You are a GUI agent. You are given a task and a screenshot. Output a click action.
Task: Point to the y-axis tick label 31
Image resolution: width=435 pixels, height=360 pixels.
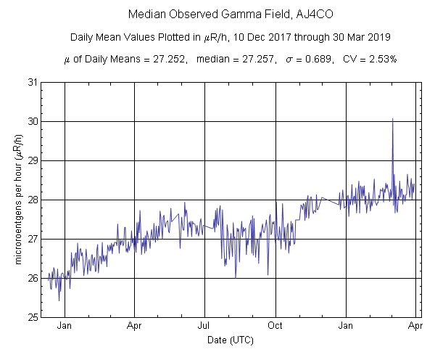click(x=33, y=82)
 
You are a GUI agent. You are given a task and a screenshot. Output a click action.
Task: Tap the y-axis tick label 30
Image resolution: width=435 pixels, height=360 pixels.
click(x=33, y=121)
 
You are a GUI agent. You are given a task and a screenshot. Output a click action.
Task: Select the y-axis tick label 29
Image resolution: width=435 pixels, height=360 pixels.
click(x=33, y=160)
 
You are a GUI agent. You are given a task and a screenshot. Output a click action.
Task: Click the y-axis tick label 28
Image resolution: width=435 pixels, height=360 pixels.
click(x=33, y=200)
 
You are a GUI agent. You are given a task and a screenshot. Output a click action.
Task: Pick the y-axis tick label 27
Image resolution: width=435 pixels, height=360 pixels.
click(x=33, y=239)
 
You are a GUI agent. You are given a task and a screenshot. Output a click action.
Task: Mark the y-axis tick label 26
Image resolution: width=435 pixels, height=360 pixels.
click(x=33, y=278)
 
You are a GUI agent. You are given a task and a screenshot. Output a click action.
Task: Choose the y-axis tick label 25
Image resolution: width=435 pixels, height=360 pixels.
click(x=33, y=317)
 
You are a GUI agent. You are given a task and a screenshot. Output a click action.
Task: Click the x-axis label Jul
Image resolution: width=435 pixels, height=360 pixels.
click(x=204, y=325)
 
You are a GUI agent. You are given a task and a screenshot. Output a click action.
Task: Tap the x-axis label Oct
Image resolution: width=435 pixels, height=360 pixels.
click(x=275, y=325)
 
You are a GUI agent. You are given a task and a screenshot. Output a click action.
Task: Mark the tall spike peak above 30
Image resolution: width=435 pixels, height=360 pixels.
click(x=392, y=118)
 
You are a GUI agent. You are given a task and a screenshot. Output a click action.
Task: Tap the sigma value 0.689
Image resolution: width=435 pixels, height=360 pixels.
click(x=321, y=58)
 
